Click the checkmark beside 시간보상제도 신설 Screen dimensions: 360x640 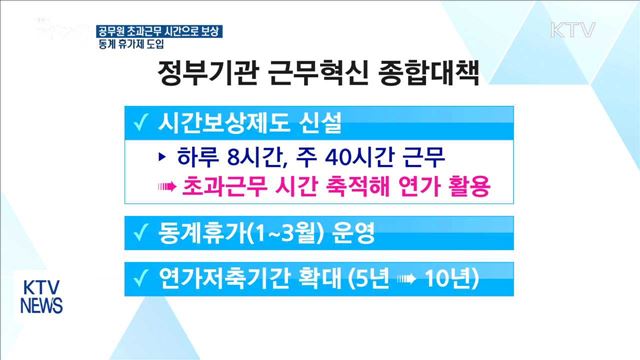click(140, 126)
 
